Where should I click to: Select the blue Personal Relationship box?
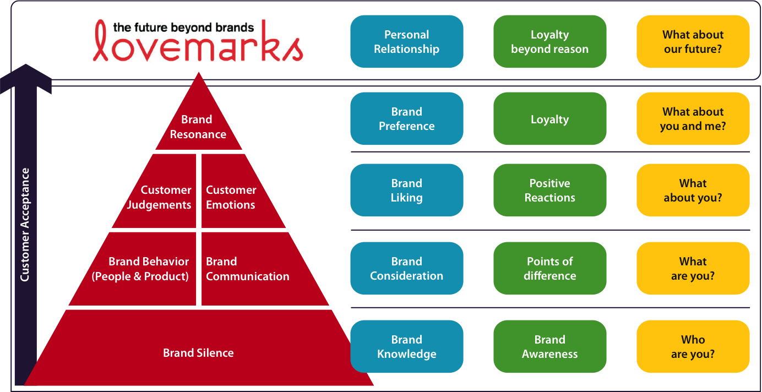click(x=406, y=42)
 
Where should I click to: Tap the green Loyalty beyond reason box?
click(x=549, y=42)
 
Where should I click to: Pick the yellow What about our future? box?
click(x=693, y=42)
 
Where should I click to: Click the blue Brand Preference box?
click(x=406, y=119)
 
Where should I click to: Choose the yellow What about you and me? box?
click(x=693, y=119)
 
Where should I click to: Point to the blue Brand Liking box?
click(x=406, y=190)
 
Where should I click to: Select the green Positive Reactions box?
click(x=549, y=190)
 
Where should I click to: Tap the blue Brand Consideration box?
click(x=406, y=269)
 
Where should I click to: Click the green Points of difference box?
click(x=549, y=269)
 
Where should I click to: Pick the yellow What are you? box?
click(x=693, y=269)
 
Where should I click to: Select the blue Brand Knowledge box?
click(x=406, y=347)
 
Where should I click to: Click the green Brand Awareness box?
click(x=549, y=347)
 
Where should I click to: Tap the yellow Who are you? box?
click(x=693, y=347)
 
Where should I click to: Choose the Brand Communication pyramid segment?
click(x=248, y=269)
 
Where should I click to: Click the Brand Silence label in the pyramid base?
click(x=198, y=353)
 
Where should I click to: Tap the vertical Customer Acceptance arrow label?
click(x=25, y=225)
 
